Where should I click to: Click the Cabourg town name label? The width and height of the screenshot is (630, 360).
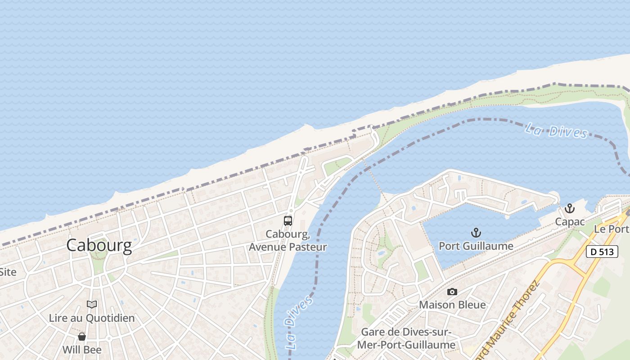[x=99, y=245]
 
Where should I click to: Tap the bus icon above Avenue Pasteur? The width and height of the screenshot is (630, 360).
[x=288, y=221]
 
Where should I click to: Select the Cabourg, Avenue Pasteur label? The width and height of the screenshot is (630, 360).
[x=288, y=240]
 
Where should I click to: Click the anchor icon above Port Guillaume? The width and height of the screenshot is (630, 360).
[x=476, y=233]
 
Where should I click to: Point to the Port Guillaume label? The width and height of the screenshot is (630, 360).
[x=476, y=246]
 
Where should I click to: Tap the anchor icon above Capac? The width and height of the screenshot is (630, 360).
[x=570, y=208]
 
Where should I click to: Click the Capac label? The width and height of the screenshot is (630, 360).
[x=570, y=222]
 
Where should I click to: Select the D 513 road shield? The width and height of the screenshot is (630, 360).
[x=602, y=252]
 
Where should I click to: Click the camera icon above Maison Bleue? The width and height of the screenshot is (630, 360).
[x=452, y=292]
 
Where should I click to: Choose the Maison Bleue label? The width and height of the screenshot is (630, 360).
[x=452, y=305]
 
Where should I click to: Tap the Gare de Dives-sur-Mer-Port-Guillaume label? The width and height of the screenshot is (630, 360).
[x=408, y=338]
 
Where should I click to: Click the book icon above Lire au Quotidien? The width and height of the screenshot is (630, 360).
[x=92, y=305]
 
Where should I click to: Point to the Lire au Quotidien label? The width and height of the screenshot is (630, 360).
[x=92, y=318]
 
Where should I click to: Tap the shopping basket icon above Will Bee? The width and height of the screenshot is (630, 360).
[x=82, y=337]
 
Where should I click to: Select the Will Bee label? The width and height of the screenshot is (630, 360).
[x=82, y=350]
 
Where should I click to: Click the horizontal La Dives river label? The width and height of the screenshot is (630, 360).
[x=556, y=131]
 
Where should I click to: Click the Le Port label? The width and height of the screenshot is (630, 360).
[x=612, y=229]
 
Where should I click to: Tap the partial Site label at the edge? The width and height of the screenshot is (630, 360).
[x=8, y=272]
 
